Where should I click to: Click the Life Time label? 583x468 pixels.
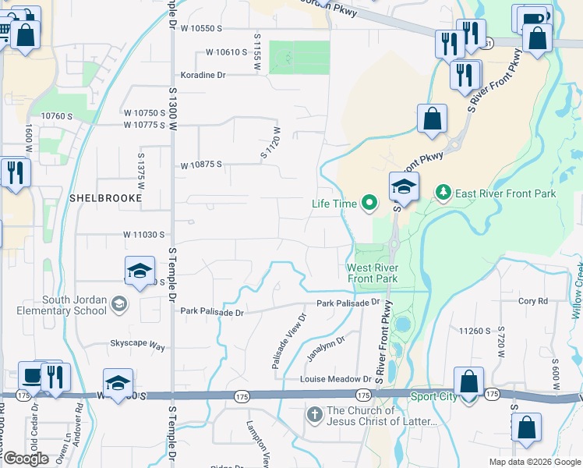click(334, 204)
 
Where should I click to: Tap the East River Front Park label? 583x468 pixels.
click(506, 193)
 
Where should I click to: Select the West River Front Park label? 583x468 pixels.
click(372, 273)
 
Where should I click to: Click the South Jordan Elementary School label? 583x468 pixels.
click(64, 305)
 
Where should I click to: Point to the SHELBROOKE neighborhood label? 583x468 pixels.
click(106, 198)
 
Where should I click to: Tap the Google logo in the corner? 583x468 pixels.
click(26, 459)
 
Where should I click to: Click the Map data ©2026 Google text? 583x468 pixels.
click(534, 462)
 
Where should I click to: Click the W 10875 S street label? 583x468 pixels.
click(202, 165)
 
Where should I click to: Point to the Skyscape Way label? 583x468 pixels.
click(137, 344)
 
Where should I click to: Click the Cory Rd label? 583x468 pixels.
click(533, 300)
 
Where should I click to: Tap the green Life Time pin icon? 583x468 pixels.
click(369, 204)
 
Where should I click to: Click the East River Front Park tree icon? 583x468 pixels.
click(443, 192)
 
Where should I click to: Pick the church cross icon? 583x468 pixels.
click(314, 413)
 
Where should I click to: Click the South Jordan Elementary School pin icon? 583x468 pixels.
click(119, 303)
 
